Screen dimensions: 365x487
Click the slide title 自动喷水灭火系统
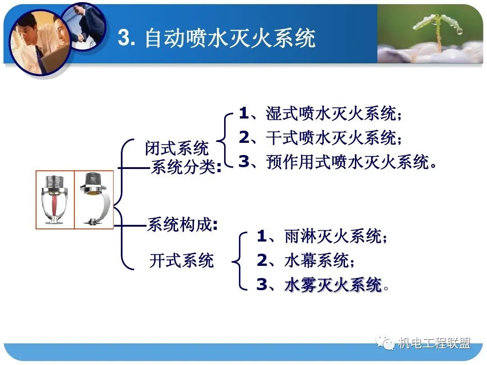point(230,38)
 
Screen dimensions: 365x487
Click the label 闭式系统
point(177,148)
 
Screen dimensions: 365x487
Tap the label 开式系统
point(181,260)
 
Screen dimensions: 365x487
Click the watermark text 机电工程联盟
point(434,344)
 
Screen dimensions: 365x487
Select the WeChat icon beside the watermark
point(386,344)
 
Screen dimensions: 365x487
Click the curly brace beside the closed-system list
point(227,138)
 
